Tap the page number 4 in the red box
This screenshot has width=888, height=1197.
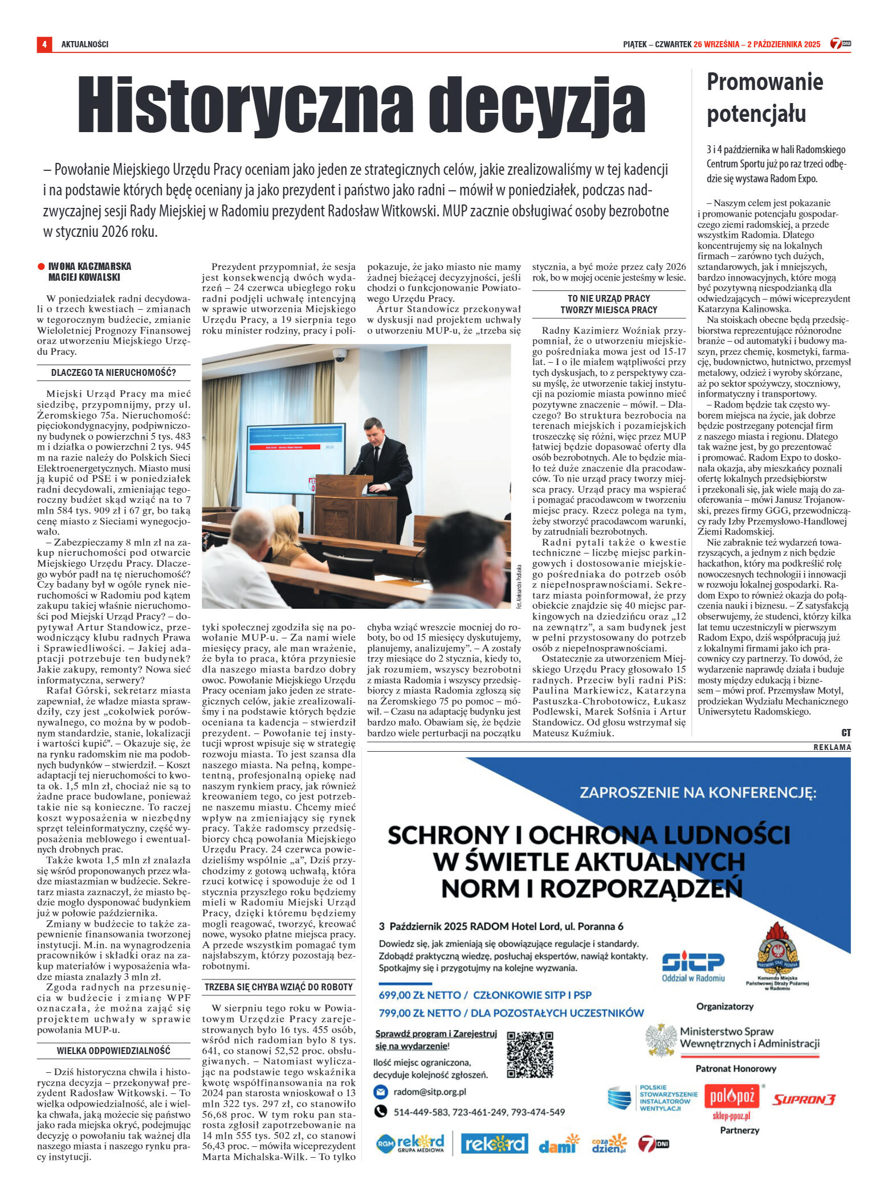(44, 44)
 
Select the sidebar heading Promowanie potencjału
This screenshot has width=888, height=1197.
(764, 97)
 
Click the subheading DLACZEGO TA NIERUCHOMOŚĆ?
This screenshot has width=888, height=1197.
(113, 374)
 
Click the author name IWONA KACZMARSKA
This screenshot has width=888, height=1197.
(89, 267)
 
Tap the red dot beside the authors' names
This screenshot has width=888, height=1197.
(41, 267)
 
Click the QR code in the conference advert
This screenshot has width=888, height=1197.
(529, 1053)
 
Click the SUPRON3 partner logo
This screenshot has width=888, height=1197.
(804, 1099)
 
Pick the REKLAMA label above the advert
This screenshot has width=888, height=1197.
(832, 747)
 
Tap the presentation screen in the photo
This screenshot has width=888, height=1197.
(295, 450)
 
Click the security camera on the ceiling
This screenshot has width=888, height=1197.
(340, 356)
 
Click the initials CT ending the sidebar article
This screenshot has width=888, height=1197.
(846, 733)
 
